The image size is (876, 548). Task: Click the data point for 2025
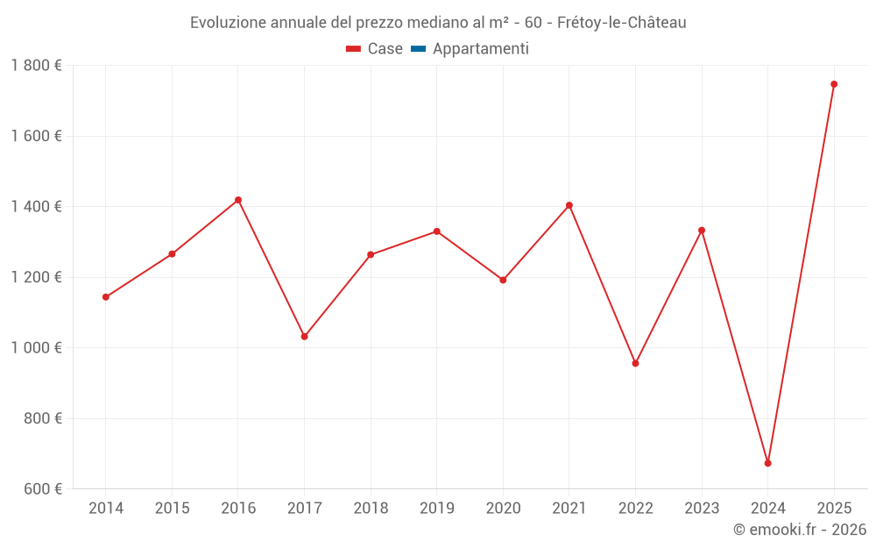(834, 84)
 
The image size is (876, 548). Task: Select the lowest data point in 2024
(767, 463)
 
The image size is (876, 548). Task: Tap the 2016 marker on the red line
(238, 200)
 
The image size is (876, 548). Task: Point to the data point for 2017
(304, 337)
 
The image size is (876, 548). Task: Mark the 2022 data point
(635, 363)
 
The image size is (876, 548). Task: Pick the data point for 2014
(106, 297)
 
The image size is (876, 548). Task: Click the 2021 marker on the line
(569, 205)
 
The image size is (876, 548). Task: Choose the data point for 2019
(436, 231)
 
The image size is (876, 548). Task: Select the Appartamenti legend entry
(480, 49)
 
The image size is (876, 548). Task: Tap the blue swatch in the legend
(418, 49)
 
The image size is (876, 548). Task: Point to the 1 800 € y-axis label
(36, 66)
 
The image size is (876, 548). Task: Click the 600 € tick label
(41, 489)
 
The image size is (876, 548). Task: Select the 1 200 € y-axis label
(36, 277)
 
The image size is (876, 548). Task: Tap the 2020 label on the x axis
(503, 508)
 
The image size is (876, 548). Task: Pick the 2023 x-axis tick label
(702, 508)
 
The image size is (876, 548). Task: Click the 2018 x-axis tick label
(371, 508)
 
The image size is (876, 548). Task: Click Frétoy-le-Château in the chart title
(621, 23)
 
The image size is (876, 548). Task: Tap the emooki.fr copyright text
(800, 530)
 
